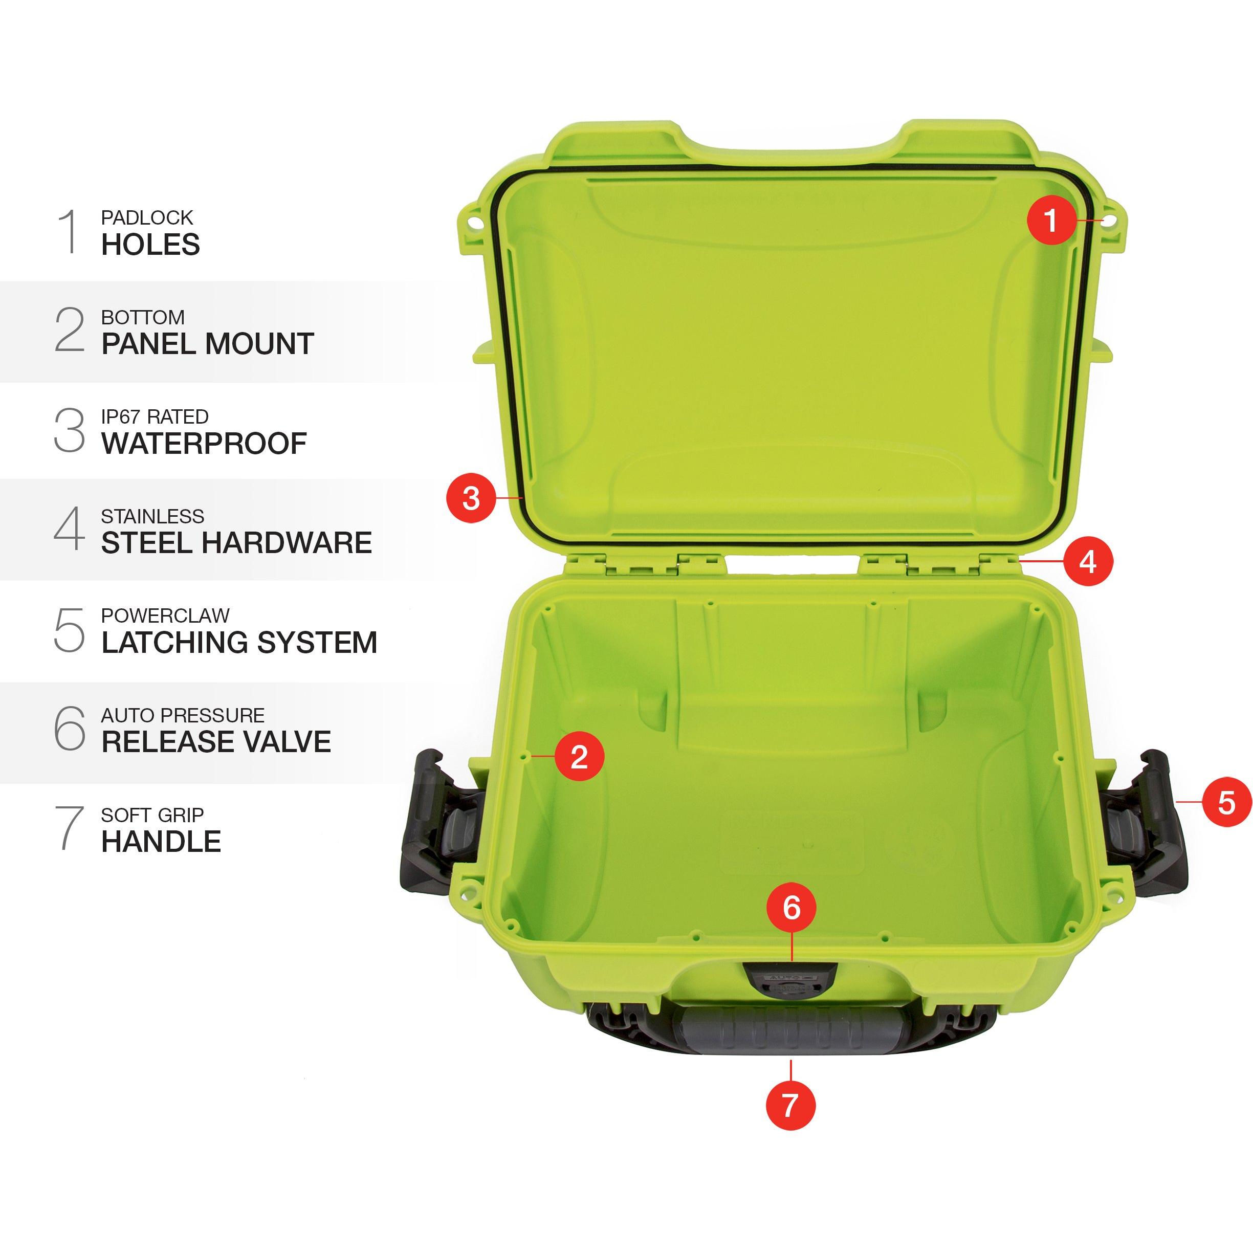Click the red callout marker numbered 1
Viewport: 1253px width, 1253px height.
point(1051,220)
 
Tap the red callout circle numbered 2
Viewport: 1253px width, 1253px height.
point(579,756)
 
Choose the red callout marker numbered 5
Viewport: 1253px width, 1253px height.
point(1226,803)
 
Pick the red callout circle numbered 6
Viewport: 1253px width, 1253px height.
point(791,907)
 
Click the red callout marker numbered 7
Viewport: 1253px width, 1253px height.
point(790,1105)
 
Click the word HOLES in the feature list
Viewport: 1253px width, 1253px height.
point(150,245)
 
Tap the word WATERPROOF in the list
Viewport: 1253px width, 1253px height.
point(204,444)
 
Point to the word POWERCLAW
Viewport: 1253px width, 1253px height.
point(165,615)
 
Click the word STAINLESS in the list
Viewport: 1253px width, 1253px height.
point(152,516)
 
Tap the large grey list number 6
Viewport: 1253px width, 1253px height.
point(70,729)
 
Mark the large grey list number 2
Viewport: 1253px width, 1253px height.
point(70,329)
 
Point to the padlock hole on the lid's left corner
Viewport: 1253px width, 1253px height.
point(475,222)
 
